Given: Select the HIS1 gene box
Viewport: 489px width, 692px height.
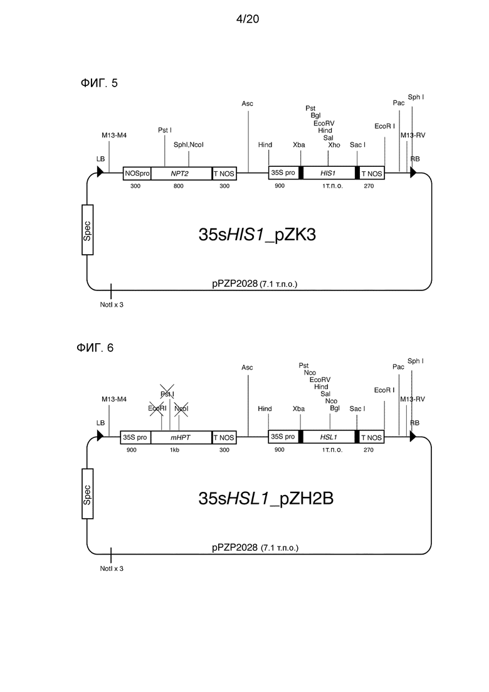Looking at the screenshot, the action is click(329, 173).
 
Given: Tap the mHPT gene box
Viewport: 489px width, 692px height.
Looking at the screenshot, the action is click(181, 437).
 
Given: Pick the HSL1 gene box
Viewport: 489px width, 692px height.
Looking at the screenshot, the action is click(329, 437).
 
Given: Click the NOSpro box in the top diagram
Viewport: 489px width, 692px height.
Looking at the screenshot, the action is click(137, 173).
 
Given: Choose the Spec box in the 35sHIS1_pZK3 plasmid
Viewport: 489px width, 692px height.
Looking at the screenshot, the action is click(87, 230).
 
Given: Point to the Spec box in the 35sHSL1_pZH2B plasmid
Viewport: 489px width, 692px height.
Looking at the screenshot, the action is click(87, 494).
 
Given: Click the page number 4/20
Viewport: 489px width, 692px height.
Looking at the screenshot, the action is click(248, 19).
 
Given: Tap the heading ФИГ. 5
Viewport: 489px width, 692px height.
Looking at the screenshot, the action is click(99, 83).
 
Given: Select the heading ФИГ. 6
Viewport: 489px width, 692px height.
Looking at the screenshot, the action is click(95, 348).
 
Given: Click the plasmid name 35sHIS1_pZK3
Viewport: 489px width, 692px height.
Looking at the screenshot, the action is click(257, 235).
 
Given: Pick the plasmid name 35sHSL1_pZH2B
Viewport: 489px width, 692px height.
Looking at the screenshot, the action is click(266, 498).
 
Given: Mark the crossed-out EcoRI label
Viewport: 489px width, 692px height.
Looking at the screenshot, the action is click(157, 408).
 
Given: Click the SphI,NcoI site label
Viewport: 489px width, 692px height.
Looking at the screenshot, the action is click(188, 145).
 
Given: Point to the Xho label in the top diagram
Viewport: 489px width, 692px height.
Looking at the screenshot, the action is click(334, 145).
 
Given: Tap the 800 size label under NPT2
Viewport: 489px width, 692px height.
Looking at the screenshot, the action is click(179, 186).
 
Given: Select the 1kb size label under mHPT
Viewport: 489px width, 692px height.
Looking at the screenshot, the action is click(175, 450).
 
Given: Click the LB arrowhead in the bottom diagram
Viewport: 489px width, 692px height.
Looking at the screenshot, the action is click(100, 436).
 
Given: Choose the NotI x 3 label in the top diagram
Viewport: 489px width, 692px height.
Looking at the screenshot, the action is click(112, 305).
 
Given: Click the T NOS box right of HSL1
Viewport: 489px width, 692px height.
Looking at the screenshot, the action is click(372, 437).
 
